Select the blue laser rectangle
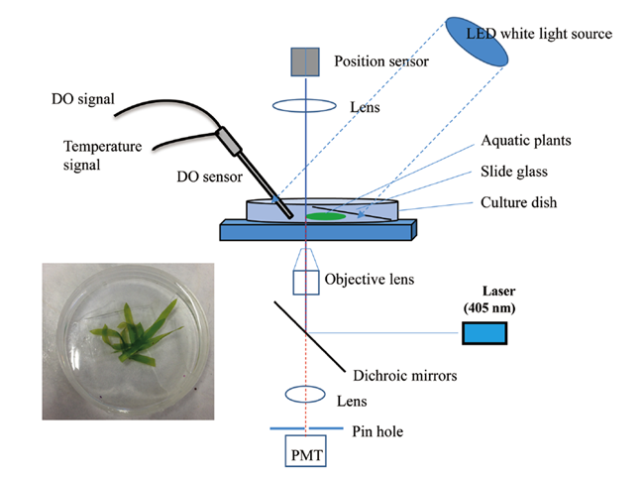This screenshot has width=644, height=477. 483,333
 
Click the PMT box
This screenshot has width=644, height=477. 306,453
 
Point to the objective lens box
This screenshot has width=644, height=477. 306,282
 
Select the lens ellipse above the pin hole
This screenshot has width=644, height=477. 306,395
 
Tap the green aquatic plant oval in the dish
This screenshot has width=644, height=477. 325,214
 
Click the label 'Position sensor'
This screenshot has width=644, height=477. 380,62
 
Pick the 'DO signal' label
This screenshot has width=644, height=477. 83,97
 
